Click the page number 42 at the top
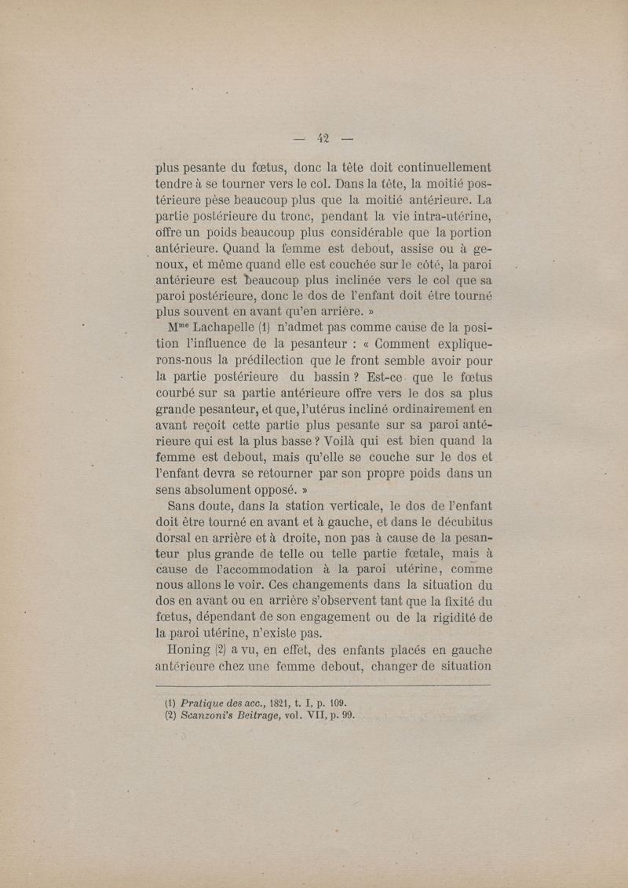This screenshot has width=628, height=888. tap(323, 139)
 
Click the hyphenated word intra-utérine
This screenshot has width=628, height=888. tap(443, 215)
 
